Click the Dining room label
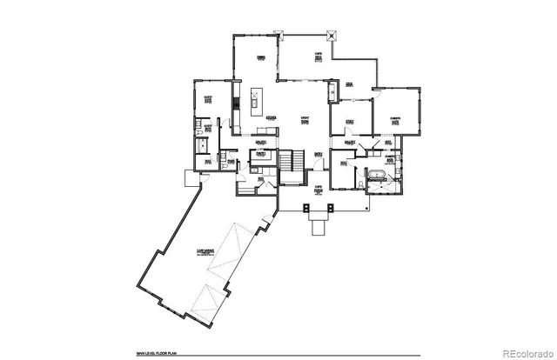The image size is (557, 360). [259, 57]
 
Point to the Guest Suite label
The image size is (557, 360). [208, 99]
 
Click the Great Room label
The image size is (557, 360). [305, 121]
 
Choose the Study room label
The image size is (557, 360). [349, 122]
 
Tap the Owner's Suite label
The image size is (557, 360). [394, 121]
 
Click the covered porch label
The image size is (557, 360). [319, 189]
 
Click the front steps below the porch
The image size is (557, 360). [319, 228]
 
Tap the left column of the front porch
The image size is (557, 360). [304, 208]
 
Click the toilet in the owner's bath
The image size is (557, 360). [362, 184]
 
